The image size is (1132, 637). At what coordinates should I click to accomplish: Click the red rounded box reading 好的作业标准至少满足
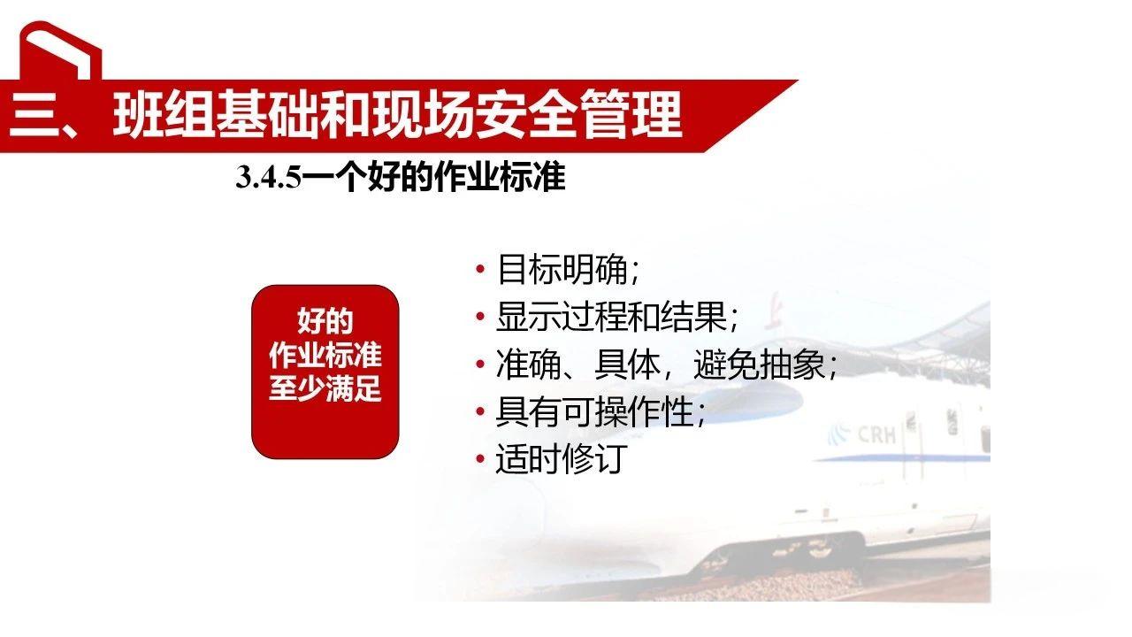click(325, 372)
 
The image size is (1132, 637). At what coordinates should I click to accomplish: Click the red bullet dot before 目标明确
click(480, 270)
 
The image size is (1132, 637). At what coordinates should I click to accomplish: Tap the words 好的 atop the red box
click(325, 322)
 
